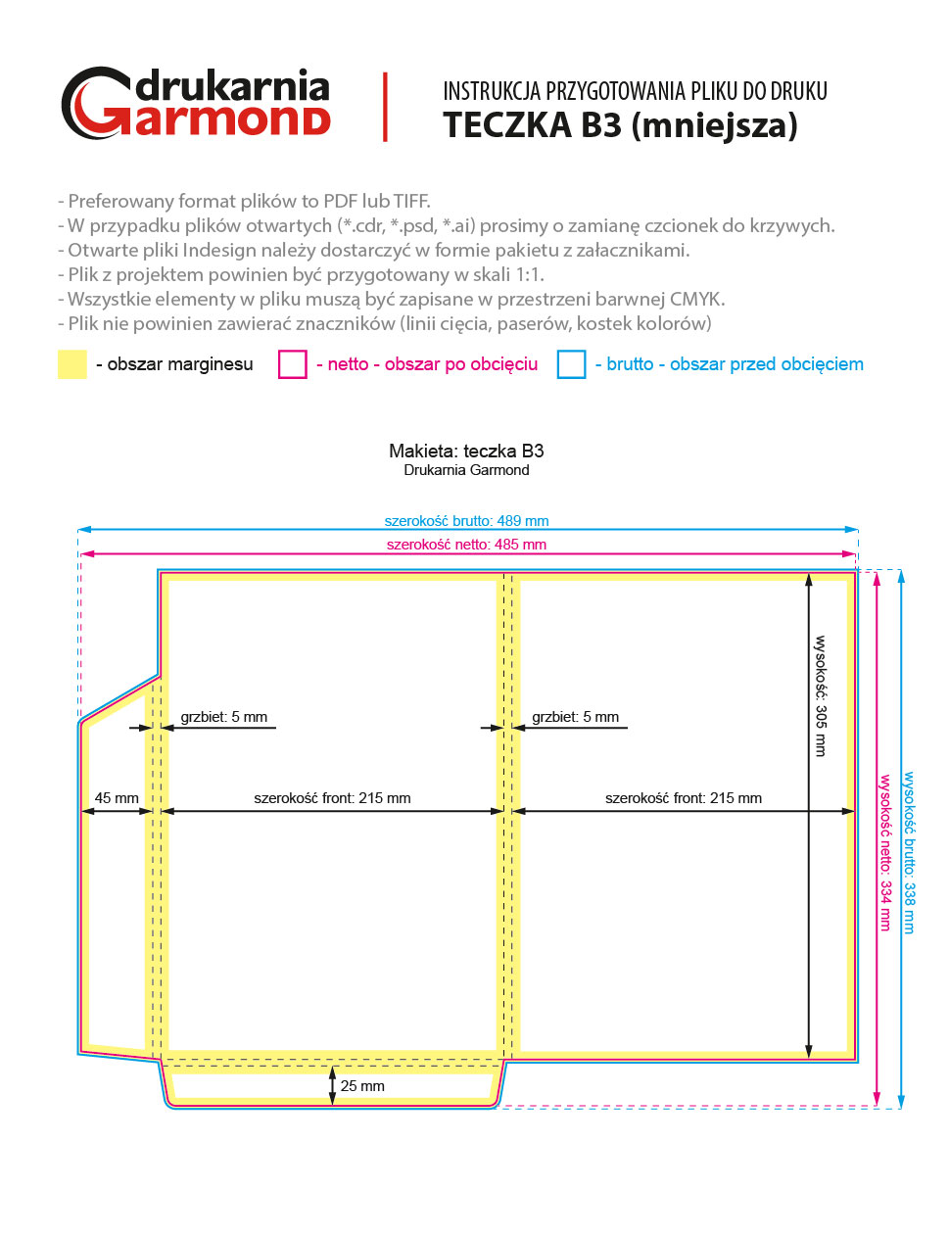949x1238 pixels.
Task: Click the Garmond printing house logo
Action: (x=196, y=104)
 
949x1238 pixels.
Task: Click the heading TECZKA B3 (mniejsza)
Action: (x=620, y=125)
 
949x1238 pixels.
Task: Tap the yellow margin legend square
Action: (x=72, y=364)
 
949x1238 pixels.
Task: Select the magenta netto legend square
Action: (x=293, y=364)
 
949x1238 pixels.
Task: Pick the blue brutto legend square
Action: (x=571, y=364)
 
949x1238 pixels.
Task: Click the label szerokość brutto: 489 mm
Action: (x=466, y=521)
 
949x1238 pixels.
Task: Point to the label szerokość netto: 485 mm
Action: (x=466, y=545)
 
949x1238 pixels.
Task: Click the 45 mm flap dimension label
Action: (x=117, y=798)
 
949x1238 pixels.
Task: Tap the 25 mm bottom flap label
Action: (x=362, y=1086)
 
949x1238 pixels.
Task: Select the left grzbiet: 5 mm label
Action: (x=223, y=717)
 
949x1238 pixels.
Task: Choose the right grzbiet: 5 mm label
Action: (x=575, y=717)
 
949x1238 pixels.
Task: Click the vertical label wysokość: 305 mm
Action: (x=821, y=695)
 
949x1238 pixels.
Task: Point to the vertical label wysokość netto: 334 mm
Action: (x=885, y=852)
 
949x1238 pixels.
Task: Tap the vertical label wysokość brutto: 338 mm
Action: (x=910, y=852)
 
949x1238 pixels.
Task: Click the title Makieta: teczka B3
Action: (x=466, y=452)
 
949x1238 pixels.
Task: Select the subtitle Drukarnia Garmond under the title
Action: (x=466, y=470)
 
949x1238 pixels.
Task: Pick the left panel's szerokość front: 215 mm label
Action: (x=332, y=798)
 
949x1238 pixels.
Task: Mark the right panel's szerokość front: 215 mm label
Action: (x=683, y=798)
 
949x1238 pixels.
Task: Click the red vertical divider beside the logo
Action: (x=386, y=107)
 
